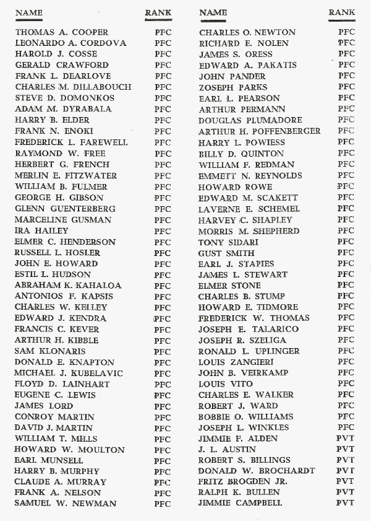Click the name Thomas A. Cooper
(62, 32)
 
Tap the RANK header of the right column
(342, 12)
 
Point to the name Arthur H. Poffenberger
(260, 131)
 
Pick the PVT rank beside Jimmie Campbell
(345, 503)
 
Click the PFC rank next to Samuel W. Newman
(163, 504)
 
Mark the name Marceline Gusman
(63, 220)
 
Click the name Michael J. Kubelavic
(69, 374)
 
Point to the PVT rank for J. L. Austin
(345, 449)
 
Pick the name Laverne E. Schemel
(249, 209)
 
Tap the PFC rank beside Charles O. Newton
(347, 32)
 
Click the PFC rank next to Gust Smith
(346, 253)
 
